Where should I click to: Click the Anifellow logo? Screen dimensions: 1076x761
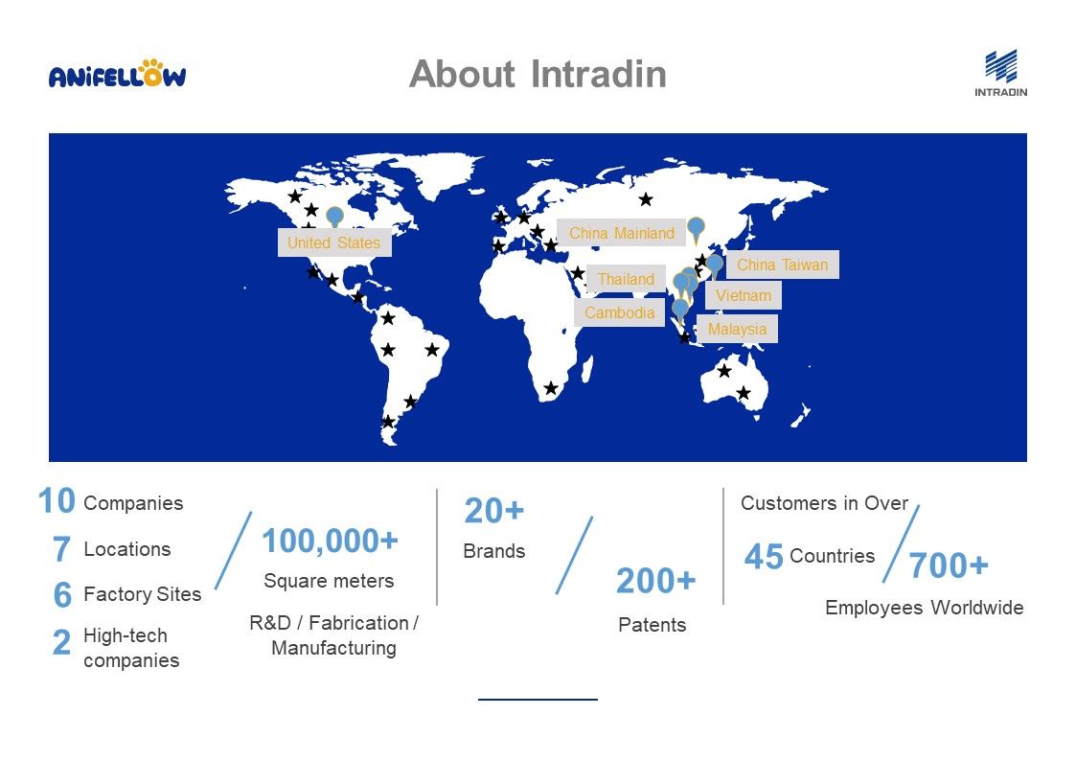(117, 74)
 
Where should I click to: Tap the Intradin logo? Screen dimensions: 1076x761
(1000, 73)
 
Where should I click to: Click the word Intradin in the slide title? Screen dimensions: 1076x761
(599, 74)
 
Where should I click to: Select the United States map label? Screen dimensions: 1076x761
(334, 242)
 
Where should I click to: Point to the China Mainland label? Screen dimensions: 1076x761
(622, 233)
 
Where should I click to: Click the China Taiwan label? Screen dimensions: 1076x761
(782, 265)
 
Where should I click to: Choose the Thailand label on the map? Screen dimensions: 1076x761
(626, 279)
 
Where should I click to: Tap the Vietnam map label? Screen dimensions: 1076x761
(744, 296)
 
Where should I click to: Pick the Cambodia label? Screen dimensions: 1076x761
(619, 312)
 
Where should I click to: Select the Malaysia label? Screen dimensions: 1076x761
(737, 330)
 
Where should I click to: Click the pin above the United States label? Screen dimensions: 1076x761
(335, 217)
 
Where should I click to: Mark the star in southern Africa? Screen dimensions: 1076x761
(550, 388)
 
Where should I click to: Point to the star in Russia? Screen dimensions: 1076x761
(646, 199)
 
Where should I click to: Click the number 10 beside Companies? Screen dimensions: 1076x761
(57, 501)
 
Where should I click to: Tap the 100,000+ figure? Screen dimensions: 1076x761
(330, 541)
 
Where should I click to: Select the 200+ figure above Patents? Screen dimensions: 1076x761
(656, 581)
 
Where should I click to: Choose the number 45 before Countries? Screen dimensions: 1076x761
(764, 557)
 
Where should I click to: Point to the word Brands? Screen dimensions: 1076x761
(494, 551)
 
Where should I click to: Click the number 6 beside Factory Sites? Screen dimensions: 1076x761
(62, 594)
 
